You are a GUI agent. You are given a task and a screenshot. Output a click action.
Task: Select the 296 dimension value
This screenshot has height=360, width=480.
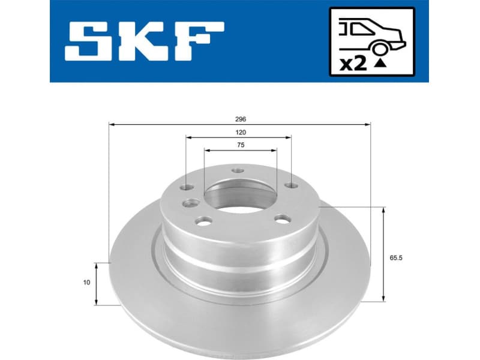click(x=240, y=119)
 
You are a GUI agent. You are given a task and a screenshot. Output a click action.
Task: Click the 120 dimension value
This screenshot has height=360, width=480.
click(x=240, y=132)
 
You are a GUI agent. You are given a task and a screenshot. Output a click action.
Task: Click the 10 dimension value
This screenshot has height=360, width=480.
click(x=87, y=283)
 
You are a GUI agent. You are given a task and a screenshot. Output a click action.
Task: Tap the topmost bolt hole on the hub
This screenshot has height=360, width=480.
click(x=238, y=170)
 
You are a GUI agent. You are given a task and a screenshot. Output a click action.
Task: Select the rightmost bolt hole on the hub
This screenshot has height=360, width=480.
click(x=291, y=185)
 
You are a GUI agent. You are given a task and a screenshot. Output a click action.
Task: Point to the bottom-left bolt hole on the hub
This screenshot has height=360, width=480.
click(x=203, y=222)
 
